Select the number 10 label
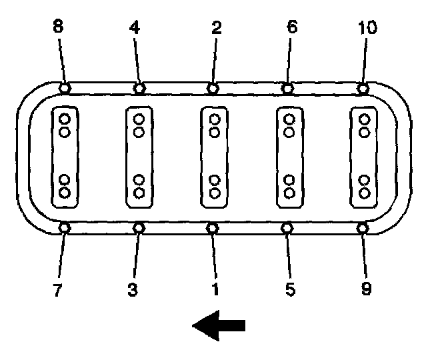pos(367,28)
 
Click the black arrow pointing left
pos(219,325)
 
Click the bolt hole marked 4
pos(139,88)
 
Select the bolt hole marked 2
pos(213,88)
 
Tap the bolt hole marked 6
pos(288,88)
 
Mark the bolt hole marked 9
pos(363,228)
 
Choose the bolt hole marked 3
pos(139,228)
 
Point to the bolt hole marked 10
pos(363,88)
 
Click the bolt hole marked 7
pos(65,228)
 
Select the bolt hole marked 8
pos(65,88)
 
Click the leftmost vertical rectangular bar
pos(65,157)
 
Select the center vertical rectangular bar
pos(214,157)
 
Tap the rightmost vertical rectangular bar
pos(364,157)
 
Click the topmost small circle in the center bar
pos(214,120)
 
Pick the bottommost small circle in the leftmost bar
pos(65,193)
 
